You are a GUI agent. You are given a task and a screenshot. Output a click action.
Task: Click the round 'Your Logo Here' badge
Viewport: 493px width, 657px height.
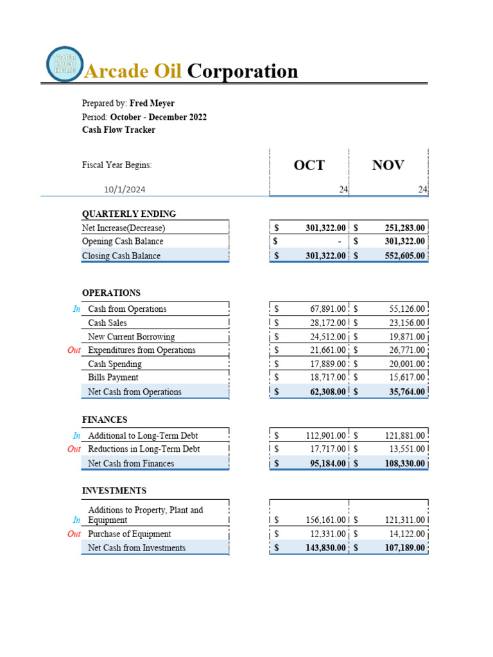click(x=64, y=64)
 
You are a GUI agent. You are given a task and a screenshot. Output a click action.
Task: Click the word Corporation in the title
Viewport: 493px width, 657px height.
click(x=242, y=71)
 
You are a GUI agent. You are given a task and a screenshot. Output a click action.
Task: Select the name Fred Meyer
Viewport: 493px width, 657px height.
click(x=151, y=103)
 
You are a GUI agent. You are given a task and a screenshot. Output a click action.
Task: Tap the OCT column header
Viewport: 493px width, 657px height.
click(x=309, y=165)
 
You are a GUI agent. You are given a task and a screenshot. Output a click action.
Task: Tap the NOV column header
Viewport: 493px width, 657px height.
click(x=388, y=165)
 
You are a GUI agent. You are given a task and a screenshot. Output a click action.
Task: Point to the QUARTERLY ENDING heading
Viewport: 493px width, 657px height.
click(x=129, y=214)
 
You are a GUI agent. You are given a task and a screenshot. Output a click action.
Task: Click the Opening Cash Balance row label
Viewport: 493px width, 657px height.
click(x=123, y=241)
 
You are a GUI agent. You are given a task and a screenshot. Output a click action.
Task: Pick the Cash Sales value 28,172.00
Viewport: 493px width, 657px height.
click(x=327, y=323)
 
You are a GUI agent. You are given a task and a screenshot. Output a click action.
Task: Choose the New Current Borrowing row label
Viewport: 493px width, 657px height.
click(x=131, y=337)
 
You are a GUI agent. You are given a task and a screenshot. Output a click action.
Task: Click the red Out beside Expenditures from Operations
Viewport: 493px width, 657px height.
click(x=74, y=350)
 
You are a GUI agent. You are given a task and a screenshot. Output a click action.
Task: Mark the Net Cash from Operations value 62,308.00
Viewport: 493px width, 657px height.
click(x=324, y=392)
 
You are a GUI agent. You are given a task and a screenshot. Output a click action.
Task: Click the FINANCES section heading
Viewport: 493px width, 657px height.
click(x=105, y=420)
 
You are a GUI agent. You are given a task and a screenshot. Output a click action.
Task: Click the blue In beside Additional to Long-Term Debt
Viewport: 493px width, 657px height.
click(x=76, y=436)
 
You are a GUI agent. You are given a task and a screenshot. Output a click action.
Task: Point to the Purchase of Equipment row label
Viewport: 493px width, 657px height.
click(x=129, y=534)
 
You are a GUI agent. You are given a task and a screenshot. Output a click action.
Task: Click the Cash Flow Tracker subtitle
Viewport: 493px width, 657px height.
click(x=119, y=130)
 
